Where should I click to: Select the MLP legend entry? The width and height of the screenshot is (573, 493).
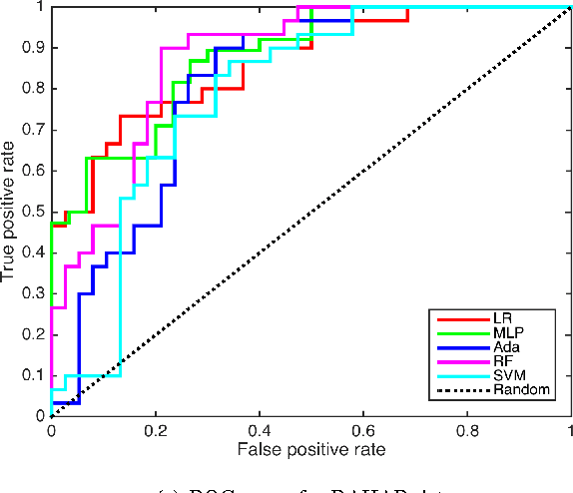click(x=506, y=333)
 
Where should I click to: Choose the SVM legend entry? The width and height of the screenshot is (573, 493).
click(x=507, y=375)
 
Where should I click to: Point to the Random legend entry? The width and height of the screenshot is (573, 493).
click(x=519, y=389)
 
